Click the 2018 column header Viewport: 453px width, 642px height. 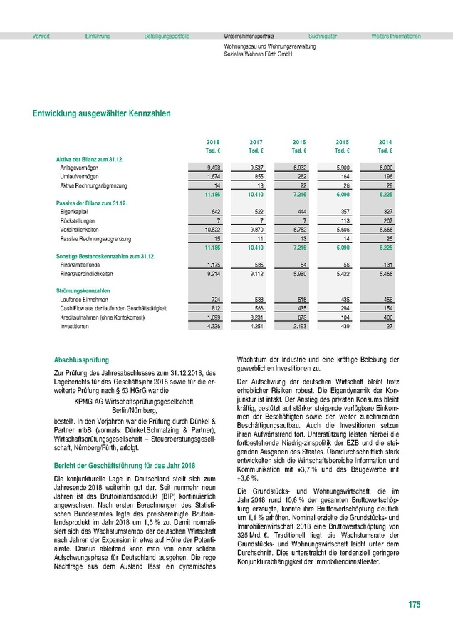(213, 142)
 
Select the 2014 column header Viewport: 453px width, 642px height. (385, 142)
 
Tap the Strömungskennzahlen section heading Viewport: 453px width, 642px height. (83, 290)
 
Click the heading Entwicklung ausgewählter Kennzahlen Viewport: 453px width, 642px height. (102, 113)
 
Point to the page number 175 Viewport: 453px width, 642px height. (415, 606)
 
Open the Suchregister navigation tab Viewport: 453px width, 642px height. (323, 36)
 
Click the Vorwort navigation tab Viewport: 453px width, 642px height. (41, 36)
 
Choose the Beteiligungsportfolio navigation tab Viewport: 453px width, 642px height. (167, 36)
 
